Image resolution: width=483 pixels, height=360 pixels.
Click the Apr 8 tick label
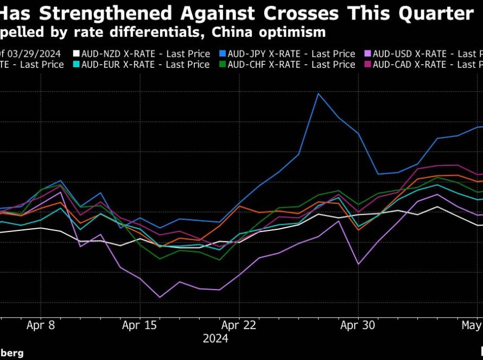41,325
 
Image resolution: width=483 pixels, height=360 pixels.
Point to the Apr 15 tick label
140,325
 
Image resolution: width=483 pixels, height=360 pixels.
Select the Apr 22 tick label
239,325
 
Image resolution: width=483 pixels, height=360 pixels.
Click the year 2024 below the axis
215,339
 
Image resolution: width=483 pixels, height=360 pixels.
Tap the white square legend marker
77,54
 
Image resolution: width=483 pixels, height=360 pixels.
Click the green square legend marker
223,65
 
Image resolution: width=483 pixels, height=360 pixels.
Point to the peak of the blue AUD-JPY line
319,94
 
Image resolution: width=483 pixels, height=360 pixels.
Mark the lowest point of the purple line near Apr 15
160,297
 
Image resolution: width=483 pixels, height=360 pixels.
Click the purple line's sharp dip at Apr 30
358,264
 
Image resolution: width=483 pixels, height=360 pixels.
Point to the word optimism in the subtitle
294,32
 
